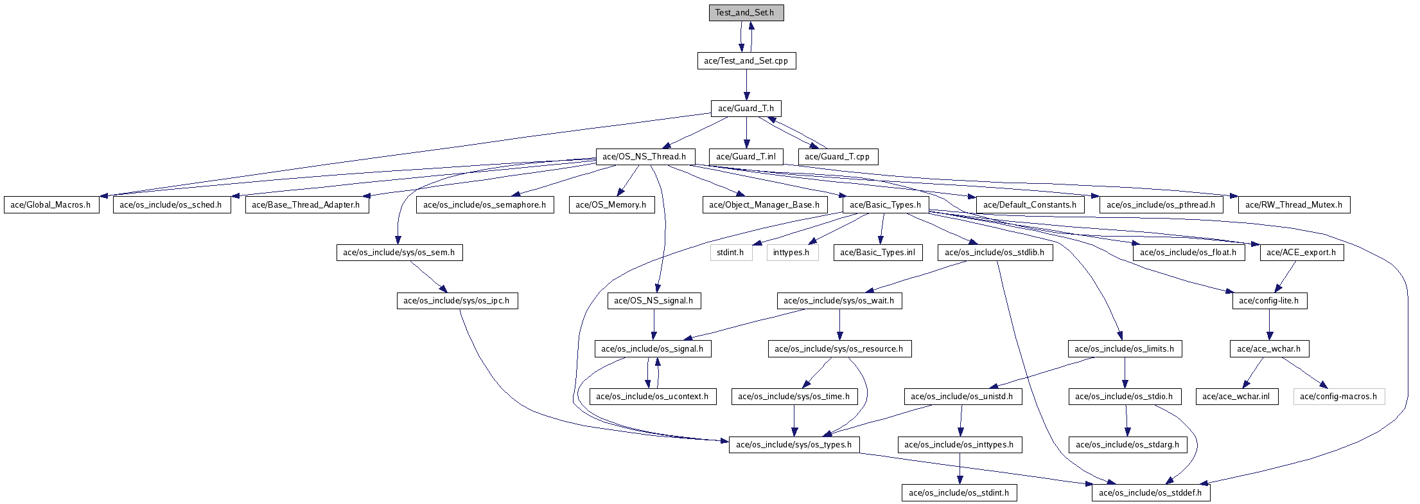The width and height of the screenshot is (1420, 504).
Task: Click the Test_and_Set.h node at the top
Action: click(x=746, y=13)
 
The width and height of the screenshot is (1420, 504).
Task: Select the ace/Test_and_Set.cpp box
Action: click(x=746, y=61)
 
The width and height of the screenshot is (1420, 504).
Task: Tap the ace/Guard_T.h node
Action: click(x=746, y=109)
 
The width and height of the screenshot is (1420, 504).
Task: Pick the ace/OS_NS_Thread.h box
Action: click(x=644, y=157)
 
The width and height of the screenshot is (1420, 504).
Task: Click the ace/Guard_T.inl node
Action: click(x=746, y=157)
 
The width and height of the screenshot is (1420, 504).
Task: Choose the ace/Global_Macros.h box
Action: click(x=51, y=205)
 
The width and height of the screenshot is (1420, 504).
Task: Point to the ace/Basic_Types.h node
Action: click(x=886, y=205)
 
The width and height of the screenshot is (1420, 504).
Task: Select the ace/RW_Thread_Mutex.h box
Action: click(x=1294, y=205)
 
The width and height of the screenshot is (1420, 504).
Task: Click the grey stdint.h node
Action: click(x=731, y=253)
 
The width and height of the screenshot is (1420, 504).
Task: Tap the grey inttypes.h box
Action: click(x=792, y=253)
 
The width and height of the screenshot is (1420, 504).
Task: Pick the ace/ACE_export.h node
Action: click(x=1301, y=253)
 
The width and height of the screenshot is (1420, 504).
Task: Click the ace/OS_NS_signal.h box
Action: click(x=654, y=301)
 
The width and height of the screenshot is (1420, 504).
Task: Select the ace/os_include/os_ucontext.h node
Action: click(x=653, y=397)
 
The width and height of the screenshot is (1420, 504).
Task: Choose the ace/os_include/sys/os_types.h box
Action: click(x=794, y=445)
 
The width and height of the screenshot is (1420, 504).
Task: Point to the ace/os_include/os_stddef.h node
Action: click(x=1152, y=493)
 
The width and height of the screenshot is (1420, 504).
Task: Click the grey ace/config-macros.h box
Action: click(x=1339, y=397)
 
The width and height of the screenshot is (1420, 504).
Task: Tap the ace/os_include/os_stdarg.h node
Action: click(x=1128, y=445)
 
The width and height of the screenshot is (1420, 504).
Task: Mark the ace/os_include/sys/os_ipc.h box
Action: click(x=457, y=301)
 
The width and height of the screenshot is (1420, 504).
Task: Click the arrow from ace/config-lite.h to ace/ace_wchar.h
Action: click(x=1269, y=325)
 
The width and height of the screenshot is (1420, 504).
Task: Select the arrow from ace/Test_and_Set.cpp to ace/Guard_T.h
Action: click(x=746, y=85)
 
